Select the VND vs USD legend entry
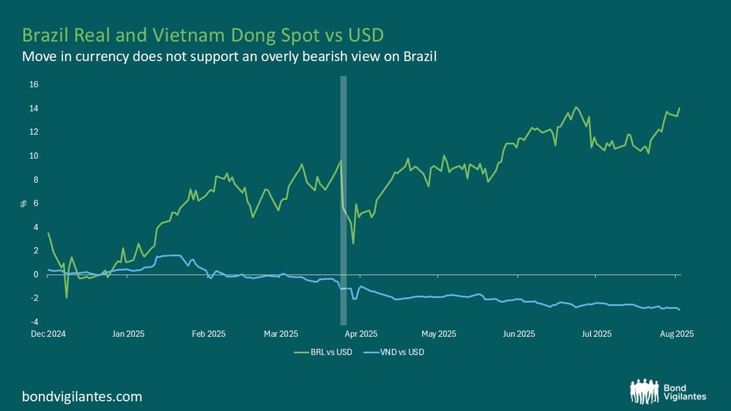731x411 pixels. coord(403,352)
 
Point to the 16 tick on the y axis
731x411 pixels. coord(34,84)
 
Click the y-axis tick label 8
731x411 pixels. coord(35,180)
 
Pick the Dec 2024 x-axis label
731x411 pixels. coord(48,334)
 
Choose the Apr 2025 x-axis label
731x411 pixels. coord(361,334)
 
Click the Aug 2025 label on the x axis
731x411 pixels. coord(677,334)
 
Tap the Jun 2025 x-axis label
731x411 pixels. coord(519,334)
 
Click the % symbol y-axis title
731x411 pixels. coord(24,203)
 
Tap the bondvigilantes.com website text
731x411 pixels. coord(82,396)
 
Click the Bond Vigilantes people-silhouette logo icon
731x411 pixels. coord(644,392)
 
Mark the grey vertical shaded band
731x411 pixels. coord(343,200)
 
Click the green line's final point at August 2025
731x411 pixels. coord(680,108)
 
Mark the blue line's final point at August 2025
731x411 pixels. coord(680,309)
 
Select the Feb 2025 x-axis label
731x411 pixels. coord(208,334)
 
